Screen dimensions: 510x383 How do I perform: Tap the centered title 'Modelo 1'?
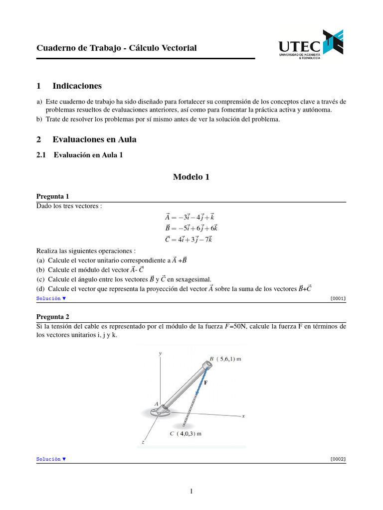(x=191, y=177)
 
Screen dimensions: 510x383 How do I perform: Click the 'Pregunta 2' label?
(x=53, y=316)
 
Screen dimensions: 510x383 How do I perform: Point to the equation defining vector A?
(x=190, y=217)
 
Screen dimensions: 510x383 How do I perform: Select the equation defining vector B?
(x=191, y=228)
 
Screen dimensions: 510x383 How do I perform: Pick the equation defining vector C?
(x=189, y=239)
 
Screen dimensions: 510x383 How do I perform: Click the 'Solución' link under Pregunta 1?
(x=51, y=298)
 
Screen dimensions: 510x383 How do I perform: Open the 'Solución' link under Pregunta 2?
(x=51, y=459)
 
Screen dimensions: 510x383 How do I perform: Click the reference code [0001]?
(x=338, y=298)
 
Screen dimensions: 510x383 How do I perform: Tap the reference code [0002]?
(x=338, y=459)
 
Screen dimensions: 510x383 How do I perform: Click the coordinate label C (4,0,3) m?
(x=186, y=433)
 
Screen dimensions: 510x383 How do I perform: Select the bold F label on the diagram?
(x=205, y=382)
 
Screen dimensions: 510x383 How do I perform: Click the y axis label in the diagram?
(x=160, y=353)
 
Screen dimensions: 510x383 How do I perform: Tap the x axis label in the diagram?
(x=243, y=416)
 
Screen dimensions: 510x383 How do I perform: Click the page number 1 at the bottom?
(x=191, y=492)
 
